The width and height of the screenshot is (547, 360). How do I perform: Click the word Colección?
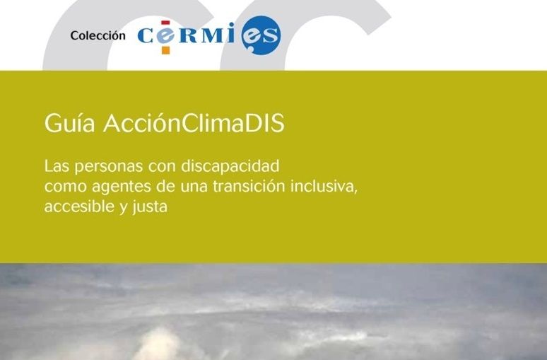[98, 35]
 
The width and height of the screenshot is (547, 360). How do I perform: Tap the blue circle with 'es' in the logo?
[261, 35]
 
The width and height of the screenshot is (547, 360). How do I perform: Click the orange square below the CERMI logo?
[165, 50]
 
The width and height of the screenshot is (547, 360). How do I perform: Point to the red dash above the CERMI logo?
[165, 23]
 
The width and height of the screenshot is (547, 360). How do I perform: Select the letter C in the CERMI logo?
[145, 35]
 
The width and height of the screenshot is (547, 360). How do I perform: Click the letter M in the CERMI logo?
[213, 35]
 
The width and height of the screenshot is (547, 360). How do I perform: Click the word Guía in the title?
[69, 124]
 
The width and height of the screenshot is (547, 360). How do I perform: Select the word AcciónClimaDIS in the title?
[194, 123]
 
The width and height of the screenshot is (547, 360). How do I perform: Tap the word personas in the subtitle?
[109, 167]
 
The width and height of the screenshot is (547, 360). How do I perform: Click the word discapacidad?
[230, 166]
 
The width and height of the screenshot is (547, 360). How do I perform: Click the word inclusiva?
[324, 186]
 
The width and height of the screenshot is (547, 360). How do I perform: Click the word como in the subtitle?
[65, 187]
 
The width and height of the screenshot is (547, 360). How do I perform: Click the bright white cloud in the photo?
[158, 339]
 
